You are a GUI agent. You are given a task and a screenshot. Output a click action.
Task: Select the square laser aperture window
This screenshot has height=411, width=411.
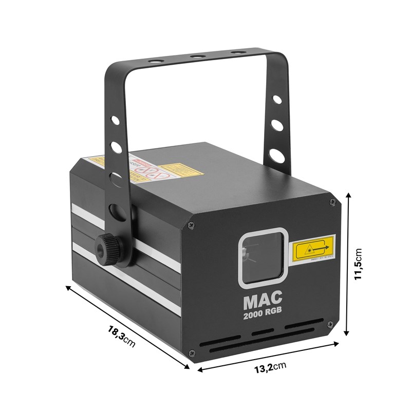(x=263, y=255)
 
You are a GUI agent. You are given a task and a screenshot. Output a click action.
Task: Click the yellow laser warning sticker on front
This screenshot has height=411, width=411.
(x=312, y=250)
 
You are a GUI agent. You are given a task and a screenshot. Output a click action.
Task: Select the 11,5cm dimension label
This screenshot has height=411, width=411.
(x=360, y=264)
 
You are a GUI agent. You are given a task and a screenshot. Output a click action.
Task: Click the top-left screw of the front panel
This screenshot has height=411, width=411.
(x=192, y=225)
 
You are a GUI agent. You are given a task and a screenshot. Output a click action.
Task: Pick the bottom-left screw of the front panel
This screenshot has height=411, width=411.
(x=192, y=352)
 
